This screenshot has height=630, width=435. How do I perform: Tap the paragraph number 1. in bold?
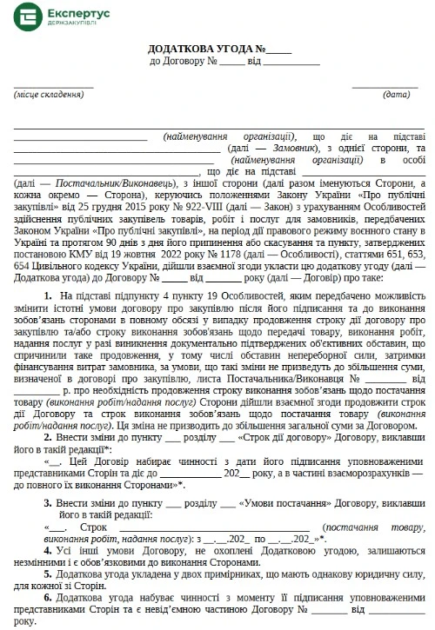(x=47, y=297)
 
